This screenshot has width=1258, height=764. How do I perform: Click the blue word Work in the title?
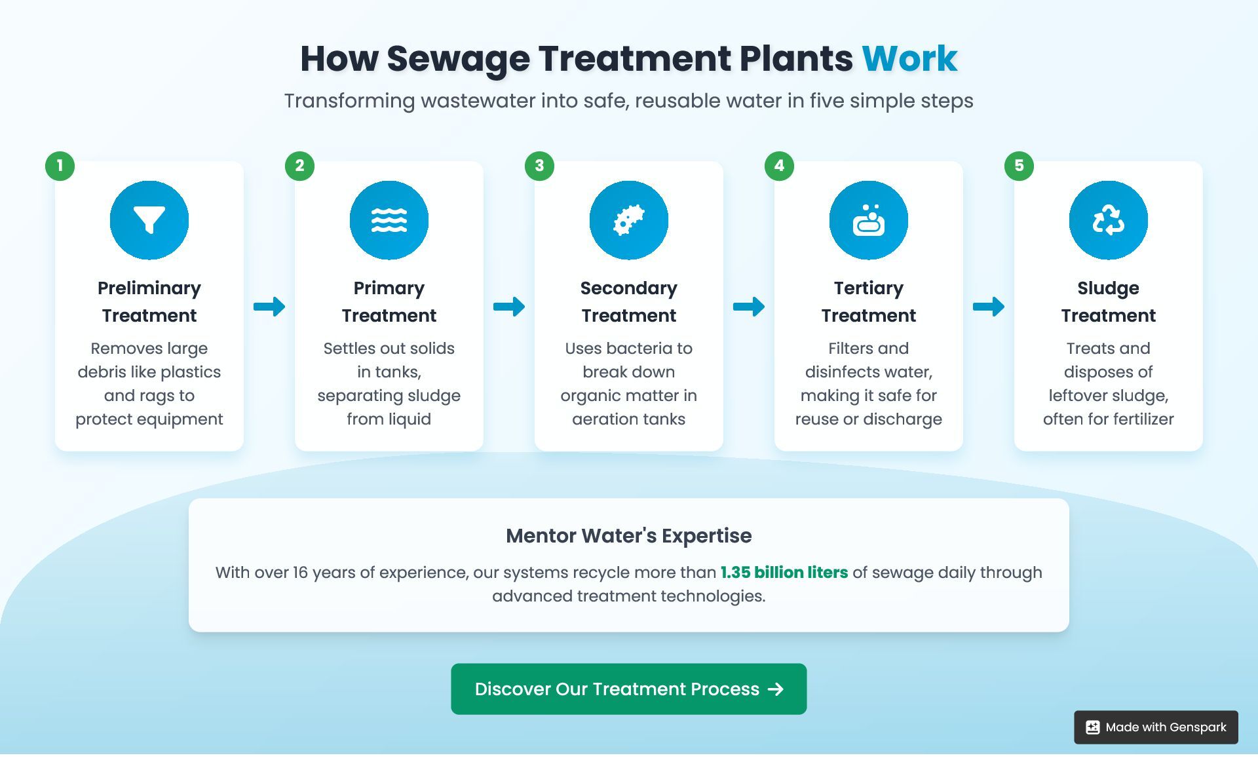909,58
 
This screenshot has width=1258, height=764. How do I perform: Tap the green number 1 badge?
60,166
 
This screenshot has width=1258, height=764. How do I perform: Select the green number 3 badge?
539,166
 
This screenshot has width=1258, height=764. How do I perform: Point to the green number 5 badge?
1019,166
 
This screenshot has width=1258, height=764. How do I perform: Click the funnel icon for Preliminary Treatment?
149,220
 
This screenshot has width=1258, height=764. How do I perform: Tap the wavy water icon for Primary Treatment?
389,220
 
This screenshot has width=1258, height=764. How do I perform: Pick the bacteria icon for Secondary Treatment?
629,220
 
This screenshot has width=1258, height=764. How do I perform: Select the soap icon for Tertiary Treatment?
869,220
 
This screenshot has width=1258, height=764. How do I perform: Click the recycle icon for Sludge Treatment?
1109,220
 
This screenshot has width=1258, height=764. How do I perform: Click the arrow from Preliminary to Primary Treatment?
269,307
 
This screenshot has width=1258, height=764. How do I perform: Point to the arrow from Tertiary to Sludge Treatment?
989,307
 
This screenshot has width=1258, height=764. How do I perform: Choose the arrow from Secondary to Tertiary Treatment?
749,307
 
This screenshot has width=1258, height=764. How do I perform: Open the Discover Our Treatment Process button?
628,689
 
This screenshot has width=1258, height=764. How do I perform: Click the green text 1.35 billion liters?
784,573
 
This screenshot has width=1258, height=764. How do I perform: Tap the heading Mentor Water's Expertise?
628,536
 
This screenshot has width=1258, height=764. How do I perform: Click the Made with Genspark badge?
1156,727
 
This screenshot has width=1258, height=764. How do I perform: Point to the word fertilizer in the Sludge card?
1141,419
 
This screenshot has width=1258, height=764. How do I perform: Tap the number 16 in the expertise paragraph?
300,573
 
